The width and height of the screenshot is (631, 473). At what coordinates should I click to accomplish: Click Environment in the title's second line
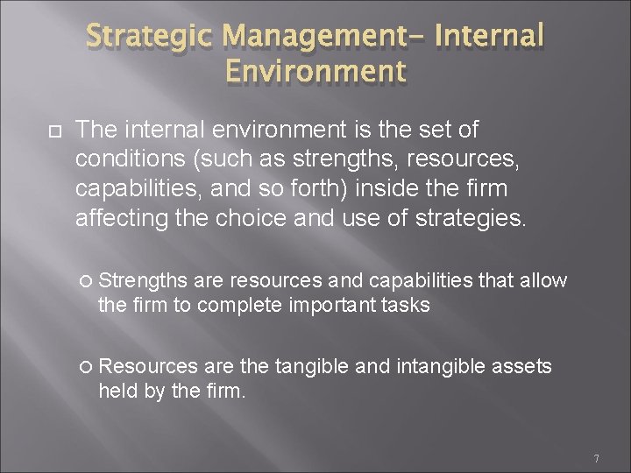pyautogui.click(x=314, y=71)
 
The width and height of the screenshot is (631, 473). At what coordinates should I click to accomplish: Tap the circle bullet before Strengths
pyautogui.click(x=85, y=281)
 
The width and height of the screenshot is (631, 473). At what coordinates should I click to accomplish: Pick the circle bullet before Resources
pyautogui.click(x=85, y=366)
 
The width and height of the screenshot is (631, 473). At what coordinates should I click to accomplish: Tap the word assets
pyautogui.click(x=523, y=366)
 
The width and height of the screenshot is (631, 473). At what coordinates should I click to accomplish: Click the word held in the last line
pyautogui.click(x=116, y=391)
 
